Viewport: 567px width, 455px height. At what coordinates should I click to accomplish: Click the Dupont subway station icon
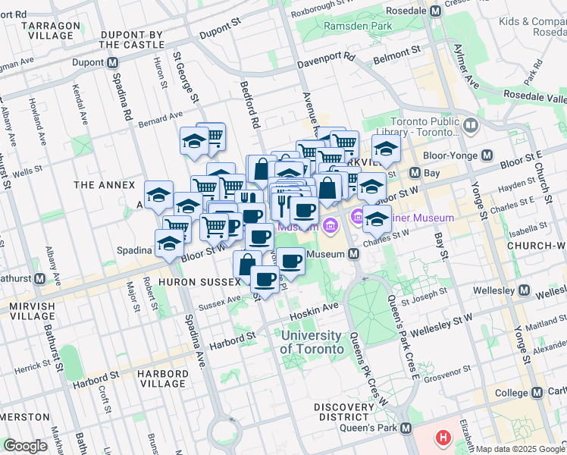(112, 63)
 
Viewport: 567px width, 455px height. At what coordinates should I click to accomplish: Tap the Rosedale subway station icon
(435, 12)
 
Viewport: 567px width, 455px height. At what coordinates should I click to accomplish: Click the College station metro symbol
(537, 393)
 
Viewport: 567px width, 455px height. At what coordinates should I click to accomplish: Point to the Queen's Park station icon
(406, 428)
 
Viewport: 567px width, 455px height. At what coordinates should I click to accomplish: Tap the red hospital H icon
(443, 438)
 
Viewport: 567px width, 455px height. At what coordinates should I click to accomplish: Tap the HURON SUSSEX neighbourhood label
(199, 281)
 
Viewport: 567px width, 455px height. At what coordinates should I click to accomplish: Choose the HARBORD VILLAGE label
(162, 379)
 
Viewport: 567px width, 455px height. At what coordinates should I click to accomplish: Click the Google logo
(25, 446)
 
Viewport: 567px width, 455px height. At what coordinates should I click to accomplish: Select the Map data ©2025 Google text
(520, 449)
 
